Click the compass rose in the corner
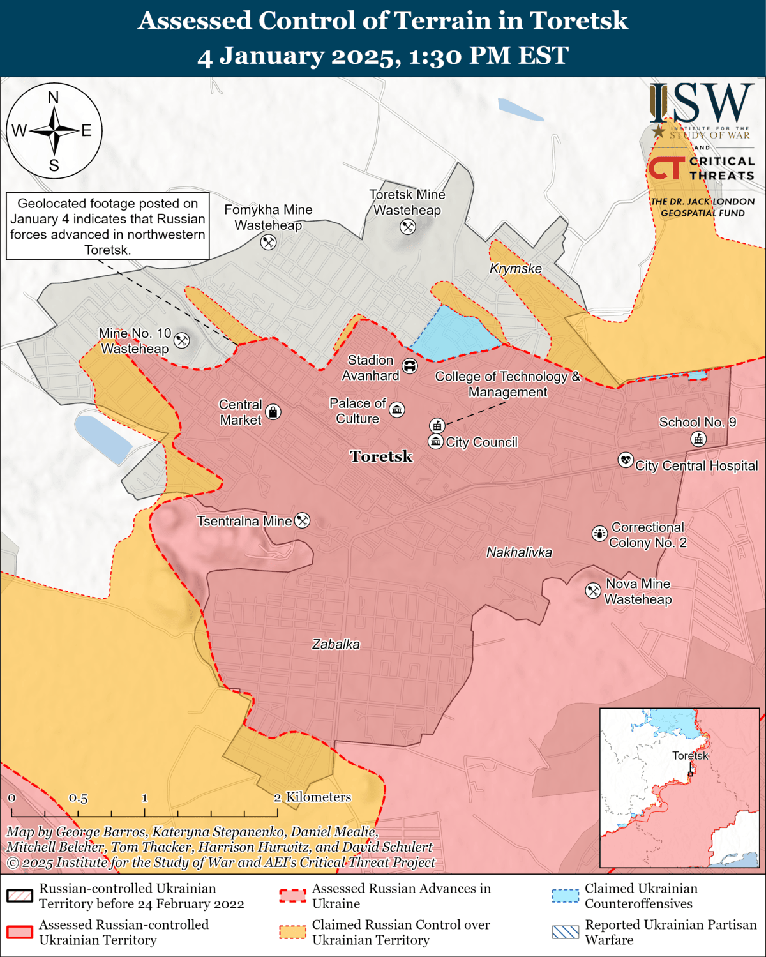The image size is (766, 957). (x=54, y=131)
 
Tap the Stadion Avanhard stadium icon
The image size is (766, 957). (x=409, y=366)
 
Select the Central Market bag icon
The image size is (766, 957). (x=273, y=412)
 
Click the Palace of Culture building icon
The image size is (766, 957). (x=397, y=410)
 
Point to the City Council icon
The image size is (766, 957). (x=435, y=442)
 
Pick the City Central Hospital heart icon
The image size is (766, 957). (x=626, y=460)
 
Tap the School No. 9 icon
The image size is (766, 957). (x=699, y=439)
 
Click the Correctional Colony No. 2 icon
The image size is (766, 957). (x=599, y=533)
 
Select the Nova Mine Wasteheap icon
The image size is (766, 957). (x=593, y=591)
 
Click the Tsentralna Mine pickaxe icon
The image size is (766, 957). (x=302, y=521)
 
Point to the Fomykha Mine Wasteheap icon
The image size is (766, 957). (x=268, y=242)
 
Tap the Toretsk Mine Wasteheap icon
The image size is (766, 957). (x=407, y=227)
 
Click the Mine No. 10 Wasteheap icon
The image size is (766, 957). (x=182, y=340)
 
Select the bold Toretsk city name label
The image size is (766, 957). (x=381, y=456)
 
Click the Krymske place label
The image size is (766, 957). (x=515, y=269)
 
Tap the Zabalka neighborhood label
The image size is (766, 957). (x=336, y=644)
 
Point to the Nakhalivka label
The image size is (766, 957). (x=519, y=552)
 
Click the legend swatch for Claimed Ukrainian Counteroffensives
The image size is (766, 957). (x=565, y=896)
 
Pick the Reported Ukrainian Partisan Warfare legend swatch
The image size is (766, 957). (x=565, y=932)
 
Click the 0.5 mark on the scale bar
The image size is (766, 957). (x=78, y=799)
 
